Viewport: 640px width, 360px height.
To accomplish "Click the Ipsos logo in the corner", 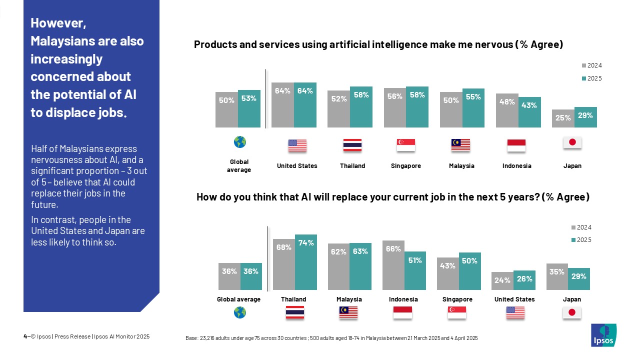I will pos(603,335).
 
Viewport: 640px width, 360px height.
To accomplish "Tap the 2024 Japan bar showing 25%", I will pos(563,118).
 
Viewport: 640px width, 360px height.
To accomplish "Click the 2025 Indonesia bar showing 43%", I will pos(529,112).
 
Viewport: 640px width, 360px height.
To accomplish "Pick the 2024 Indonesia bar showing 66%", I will pos(393,265).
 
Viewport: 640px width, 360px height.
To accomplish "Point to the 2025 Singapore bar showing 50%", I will pos(469,271).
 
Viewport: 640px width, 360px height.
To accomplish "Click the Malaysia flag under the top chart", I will pos(461,145).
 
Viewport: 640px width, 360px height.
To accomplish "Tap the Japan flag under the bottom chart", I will pos(571,312).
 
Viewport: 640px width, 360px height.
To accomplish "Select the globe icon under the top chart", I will pos(239,142).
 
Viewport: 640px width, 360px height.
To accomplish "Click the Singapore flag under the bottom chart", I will pos(456,312).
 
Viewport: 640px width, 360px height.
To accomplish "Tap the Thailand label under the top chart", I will pos(352,166).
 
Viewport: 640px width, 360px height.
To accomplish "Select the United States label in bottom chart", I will pos(514,299).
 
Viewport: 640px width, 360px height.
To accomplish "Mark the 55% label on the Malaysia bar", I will pos(473,97).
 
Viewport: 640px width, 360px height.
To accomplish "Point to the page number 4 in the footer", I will pos(25,336).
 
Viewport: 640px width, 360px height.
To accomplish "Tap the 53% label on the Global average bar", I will pos(248,98).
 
